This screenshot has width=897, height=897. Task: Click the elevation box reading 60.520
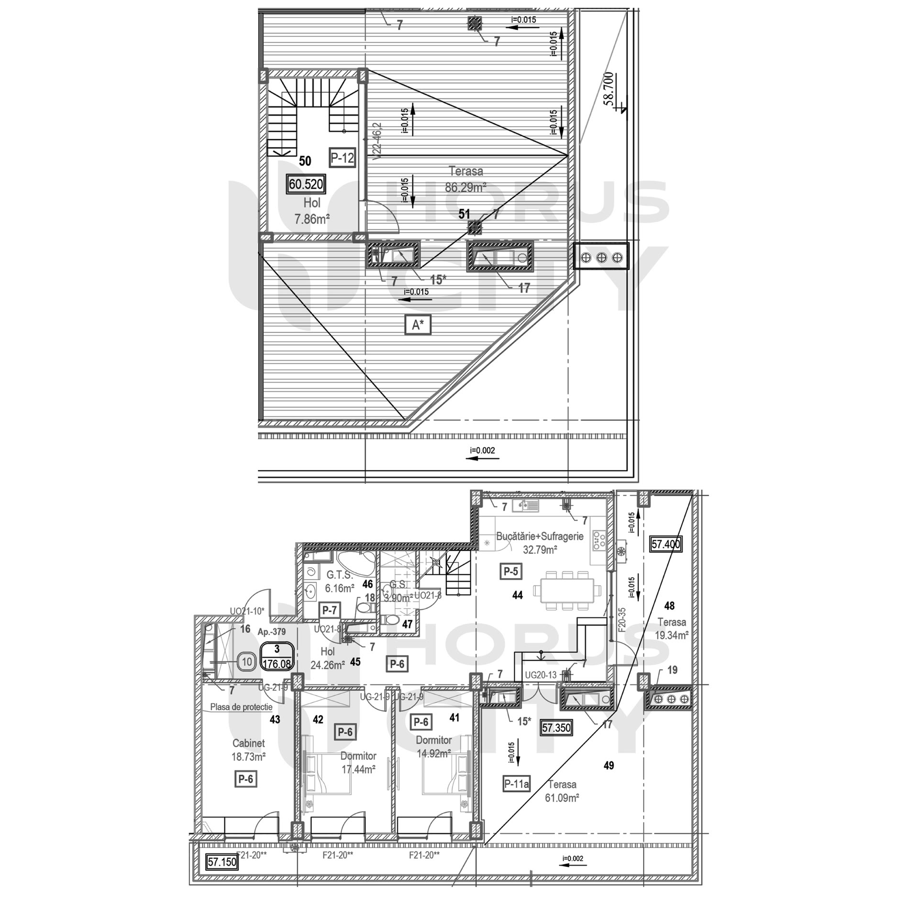(x=306, y=184)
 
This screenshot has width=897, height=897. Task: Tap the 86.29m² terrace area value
(x=465, y=187)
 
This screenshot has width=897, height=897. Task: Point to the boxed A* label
(x=418, y=325)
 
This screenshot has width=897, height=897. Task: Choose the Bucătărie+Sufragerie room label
(x=540, y=536)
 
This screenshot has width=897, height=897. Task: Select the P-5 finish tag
(x=510, y=571)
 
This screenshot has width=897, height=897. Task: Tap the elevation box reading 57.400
(x=665, y=544)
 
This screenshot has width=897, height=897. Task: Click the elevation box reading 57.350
(x=556, y=728)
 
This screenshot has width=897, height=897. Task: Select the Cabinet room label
(x=248, y=744)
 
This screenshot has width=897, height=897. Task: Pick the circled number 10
(x=247, y=663)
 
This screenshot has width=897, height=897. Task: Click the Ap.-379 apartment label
(x=272, y=632)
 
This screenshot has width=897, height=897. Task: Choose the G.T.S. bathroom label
(x=340, y=574)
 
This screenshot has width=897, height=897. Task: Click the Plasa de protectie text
(x=241, y=707)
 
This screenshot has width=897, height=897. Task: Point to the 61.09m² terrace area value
(x=562, y=798)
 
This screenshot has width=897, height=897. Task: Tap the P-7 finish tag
(x=330, y=610)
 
